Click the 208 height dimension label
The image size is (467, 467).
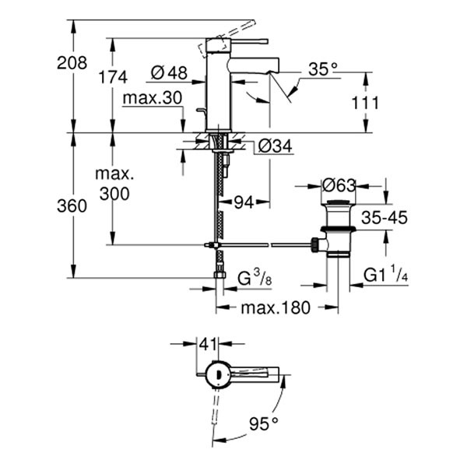[72, 63]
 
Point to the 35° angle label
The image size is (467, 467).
[324, 69]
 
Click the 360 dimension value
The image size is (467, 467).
[72, 206]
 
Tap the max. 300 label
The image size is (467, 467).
[114, 184]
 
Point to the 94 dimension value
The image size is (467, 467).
[244, 202]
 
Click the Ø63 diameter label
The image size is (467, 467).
[339, 185]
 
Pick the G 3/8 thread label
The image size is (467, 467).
[254, 276]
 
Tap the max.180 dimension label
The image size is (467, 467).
[275, 307]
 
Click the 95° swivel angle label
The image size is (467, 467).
[263, 423]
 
